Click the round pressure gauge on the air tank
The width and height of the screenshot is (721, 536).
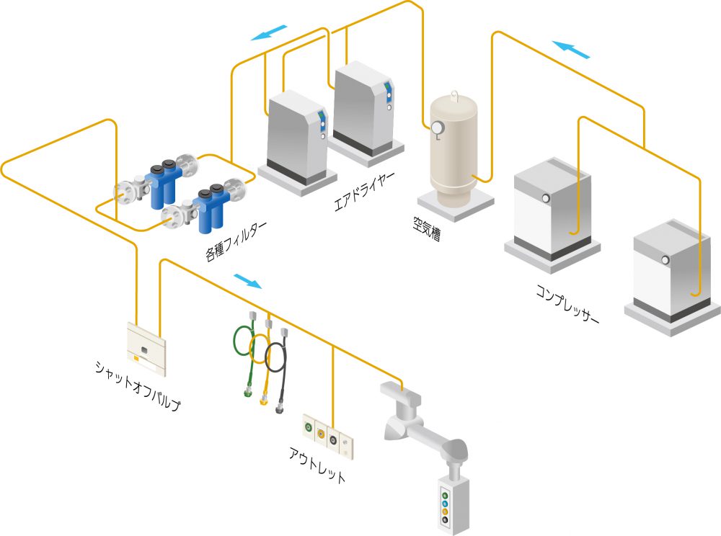tap(437, 128)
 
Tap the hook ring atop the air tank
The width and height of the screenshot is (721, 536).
tap(454, 94)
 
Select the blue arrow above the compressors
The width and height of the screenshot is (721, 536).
tap(572, 50)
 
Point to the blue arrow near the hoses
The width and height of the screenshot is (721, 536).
tap(248, 280)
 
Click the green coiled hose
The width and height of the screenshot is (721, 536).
tap(242, 353)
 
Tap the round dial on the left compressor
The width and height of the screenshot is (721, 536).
tap(546, 199)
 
